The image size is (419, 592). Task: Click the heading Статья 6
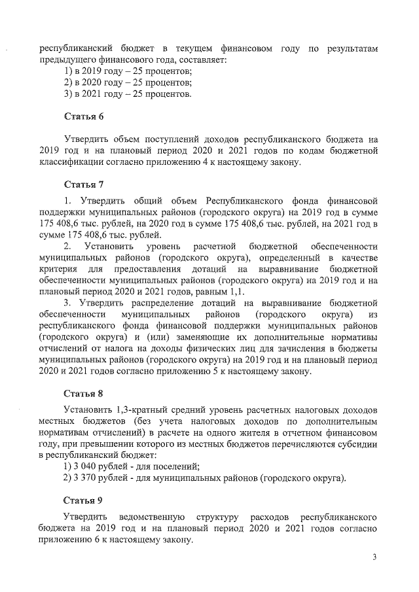[x=83, y=116]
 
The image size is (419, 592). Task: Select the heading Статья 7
[x=83, y=183]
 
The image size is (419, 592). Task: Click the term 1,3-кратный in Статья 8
[x=130, y=410]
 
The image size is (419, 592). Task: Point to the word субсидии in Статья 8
[x=359, y=444]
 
